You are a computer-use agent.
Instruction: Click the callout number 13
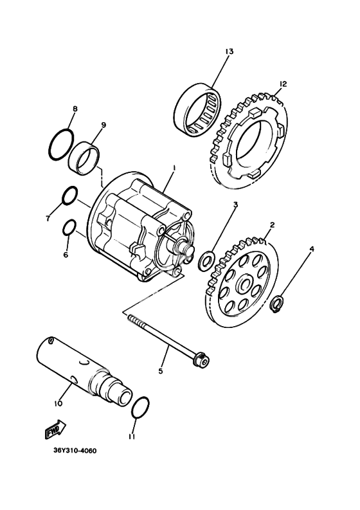point(229,51)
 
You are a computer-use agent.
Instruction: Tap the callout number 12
point(283,84)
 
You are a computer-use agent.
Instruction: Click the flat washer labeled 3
point(206,260)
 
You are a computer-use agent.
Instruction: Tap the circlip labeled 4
point(276,304)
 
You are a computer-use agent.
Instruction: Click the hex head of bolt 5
point(200,361)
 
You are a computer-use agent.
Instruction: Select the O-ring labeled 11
point(141,408)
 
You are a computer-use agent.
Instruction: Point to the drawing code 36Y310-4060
point(75,451)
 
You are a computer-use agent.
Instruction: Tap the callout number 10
point(58,403)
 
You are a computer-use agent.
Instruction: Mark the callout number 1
point(174,168)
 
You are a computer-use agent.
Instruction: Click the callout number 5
point(160,371)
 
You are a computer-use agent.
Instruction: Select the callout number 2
point(272,224)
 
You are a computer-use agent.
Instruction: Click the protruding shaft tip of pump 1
point(190,251)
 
